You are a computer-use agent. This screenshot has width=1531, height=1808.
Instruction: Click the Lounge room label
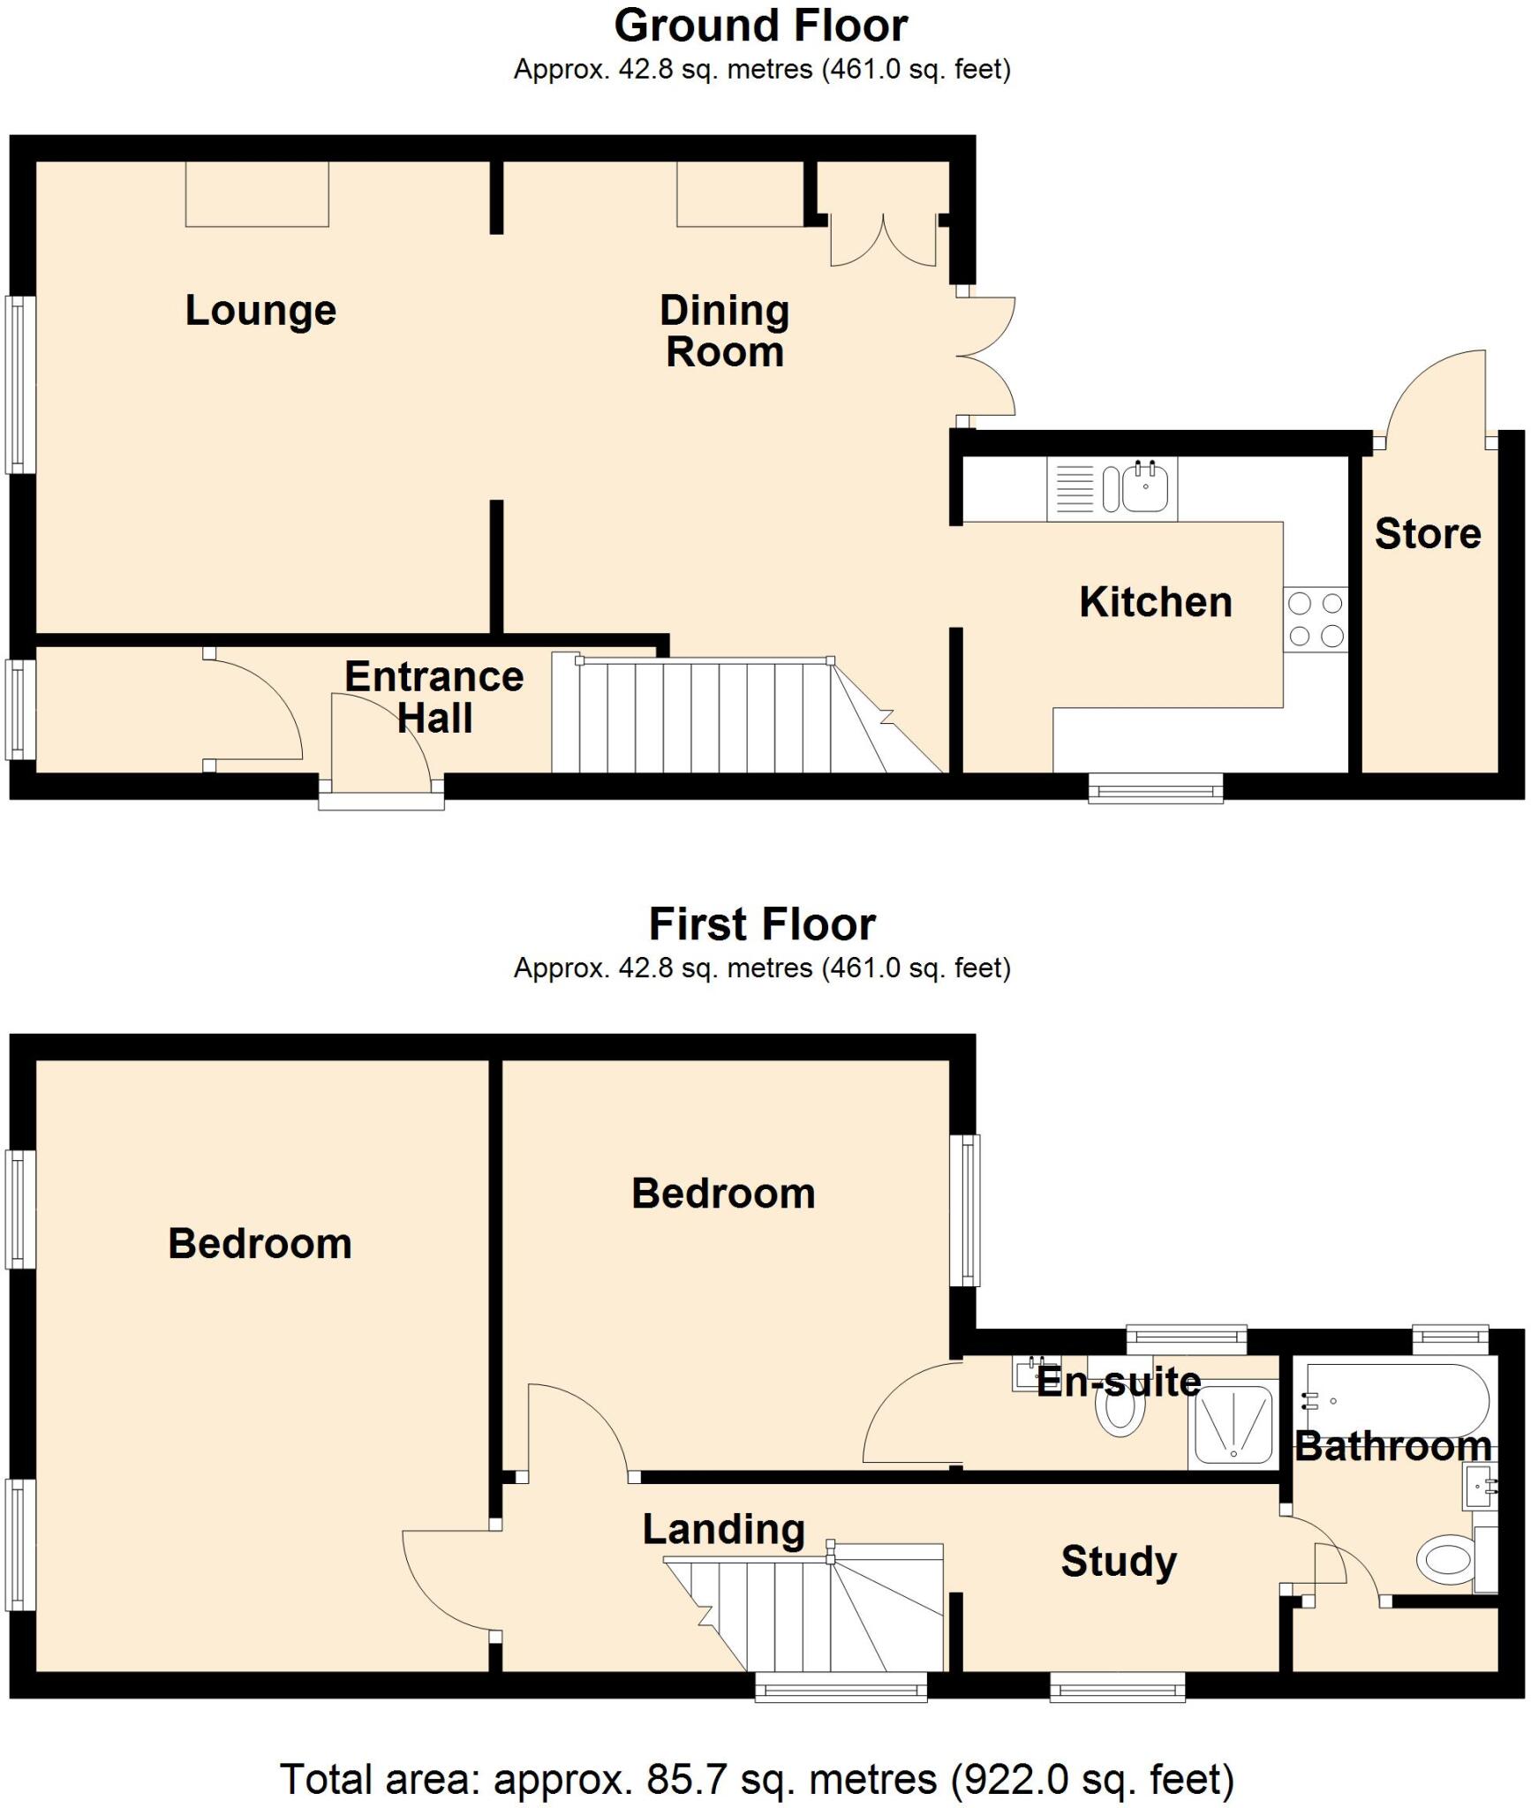tap(260, 311)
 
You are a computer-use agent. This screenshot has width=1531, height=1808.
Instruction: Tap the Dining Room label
tap(724, 331)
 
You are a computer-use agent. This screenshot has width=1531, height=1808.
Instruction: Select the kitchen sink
tap(1144, 488)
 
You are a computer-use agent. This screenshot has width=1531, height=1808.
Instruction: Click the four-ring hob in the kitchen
tap(1315, 620)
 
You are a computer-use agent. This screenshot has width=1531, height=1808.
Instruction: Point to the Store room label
tap(1427, 534)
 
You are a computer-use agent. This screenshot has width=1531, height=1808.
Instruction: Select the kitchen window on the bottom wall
tap(1155, 787)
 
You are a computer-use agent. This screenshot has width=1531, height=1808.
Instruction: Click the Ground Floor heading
tap(761, 26)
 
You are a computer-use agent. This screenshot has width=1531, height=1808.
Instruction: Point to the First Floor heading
tap(761, 924)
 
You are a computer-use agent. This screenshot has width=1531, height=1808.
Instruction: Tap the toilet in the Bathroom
tap(1446, 1560)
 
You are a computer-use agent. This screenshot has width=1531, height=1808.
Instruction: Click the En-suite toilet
tap(1120, 1416)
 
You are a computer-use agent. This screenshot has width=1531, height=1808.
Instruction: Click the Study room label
tap(1118, 1562)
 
